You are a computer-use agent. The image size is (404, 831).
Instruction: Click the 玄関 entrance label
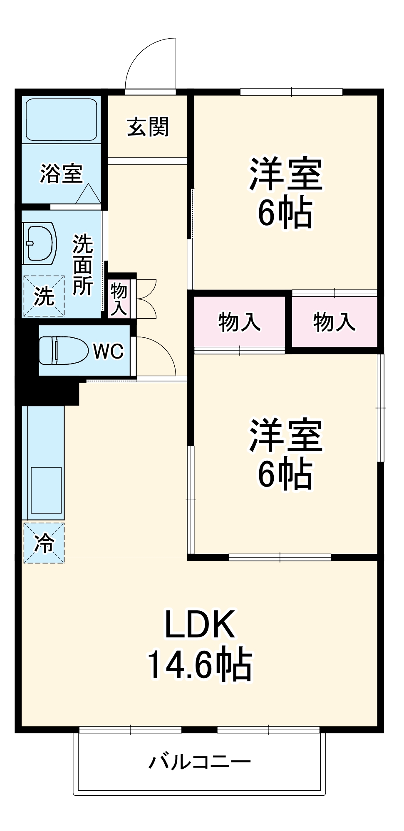[148, 127]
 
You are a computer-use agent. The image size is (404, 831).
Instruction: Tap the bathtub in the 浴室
[61, 119]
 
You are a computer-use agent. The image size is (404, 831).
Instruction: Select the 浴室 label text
[61, 173]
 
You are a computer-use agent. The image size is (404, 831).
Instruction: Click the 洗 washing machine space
[44, 296]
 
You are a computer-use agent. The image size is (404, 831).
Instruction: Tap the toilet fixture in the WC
[62, 350]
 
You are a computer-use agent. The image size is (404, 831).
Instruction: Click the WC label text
[108, 352]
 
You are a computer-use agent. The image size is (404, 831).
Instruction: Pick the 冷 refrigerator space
[44, 543]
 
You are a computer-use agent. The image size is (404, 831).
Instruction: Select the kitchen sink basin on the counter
[46, 490]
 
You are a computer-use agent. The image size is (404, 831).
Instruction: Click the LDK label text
[200, 624]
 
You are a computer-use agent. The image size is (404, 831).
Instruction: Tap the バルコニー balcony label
[200, 762]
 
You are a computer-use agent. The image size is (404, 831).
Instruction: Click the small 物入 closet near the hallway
[119, 299]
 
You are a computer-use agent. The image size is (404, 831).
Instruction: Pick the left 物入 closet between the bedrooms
[239, 322]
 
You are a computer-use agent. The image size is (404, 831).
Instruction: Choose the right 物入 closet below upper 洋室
[334, 322]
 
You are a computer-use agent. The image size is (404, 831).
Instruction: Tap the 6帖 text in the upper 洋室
[285, 213]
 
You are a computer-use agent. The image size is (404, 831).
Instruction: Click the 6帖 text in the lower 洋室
[285, 474]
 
